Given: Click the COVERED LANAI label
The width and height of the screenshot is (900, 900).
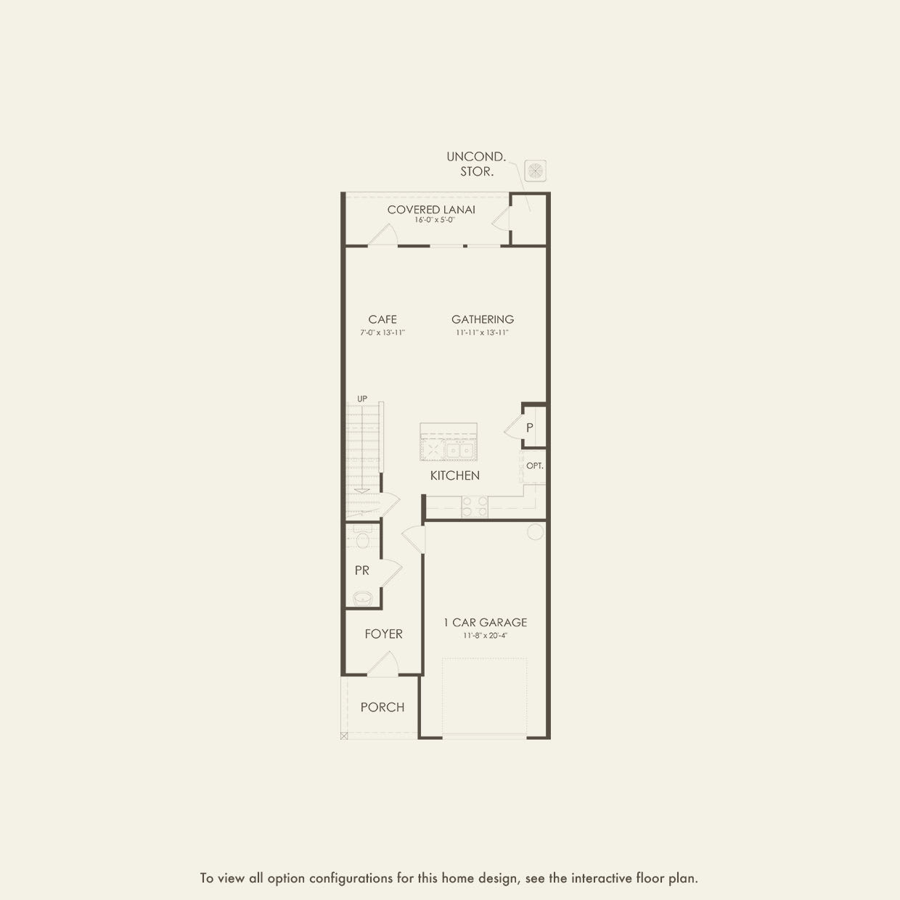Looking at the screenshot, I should pos(431,210).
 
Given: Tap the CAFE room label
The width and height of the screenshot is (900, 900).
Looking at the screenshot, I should pos(382,319).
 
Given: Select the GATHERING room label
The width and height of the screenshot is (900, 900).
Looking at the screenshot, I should pos(483,319).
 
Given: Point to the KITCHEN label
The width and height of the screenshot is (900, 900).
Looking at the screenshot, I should pos(455,475).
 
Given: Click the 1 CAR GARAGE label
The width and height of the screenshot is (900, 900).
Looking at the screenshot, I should pos(486,623).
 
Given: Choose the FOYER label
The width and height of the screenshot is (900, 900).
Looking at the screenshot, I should pos(383,634).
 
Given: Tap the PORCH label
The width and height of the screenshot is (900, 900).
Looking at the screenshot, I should pos(382,708).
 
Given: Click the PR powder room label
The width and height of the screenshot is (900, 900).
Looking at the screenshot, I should pos(362,571).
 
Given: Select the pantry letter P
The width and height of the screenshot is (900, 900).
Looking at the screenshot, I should pos(530,427).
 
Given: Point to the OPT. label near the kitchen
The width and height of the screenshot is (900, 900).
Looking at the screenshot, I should pos(535,466).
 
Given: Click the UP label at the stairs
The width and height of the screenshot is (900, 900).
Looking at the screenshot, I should pos(362,399).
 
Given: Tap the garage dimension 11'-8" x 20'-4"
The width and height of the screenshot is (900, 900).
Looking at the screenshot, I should pos(486,636).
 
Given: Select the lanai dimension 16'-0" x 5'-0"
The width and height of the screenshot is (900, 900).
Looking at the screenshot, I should pos(431,219).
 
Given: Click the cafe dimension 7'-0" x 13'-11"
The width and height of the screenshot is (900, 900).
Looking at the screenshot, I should pos(382,332).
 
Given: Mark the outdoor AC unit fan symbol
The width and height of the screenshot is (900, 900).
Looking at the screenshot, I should pos(535,171).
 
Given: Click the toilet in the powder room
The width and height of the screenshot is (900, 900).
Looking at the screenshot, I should pos(363,539).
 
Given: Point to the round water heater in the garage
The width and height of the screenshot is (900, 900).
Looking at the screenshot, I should pos(535,532).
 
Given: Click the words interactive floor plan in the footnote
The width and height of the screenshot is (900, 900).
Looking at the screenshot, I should pos(634,878).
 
